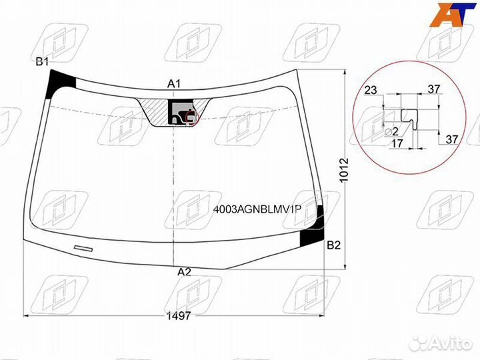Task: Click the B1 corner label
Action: click(43, 62)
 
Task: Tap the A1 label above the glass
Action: click(174, 84)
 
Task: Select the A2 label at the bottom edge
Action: click(184, 271)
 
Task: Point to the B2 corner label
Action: click(334, 245)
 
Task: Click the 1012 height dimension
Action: click(344, 170)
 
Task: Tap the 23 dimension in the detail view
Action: click(371, 90)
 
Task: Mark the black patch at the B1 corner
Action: click(61, 83)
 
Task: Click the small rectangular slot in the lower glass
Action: click(84, 249)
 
